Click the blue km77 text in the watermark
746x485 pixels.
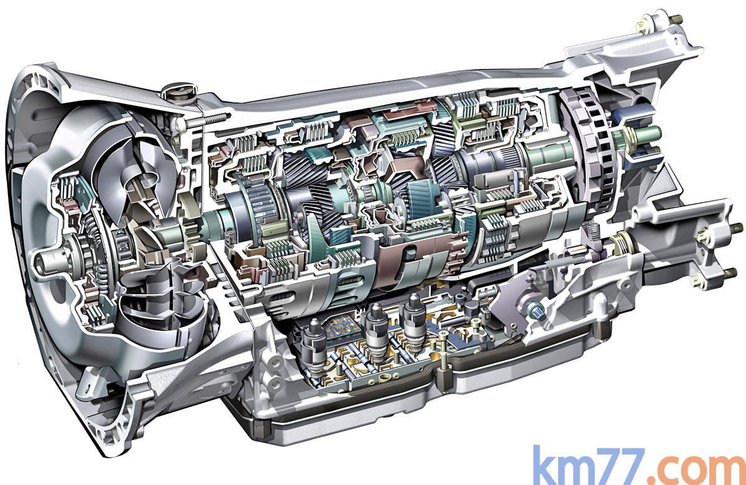pyautogui.click(x=589, y=466)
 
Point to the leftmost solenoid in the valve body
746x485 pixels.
pyautogui.click(x=313, y=346)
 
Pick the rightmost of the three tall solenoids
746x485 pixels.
pyautogui.click(x=414, y=321)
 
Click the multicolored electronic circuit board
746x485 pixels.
pyautogui.click(x=343, y=328)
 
